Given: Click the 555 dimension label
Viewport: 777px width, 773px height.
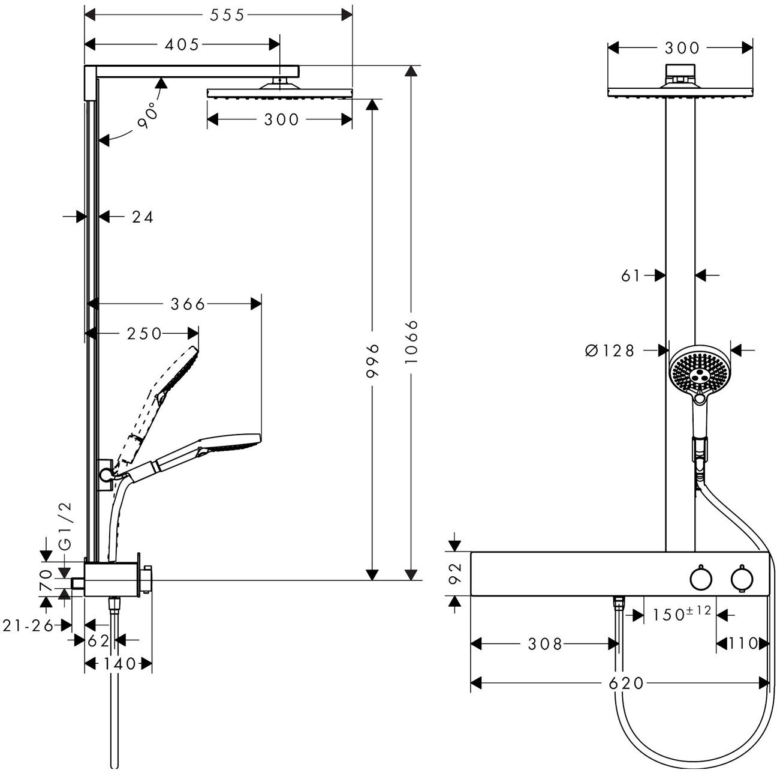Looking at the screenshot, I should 227,15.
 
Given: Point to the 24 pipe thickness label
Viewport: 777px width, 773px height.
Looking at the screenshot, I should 143,217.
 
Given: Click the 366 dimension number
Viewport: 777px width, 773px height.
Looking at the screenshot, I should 188,304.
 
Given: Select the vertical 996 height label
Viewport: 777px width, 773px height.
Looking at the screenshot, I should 373,360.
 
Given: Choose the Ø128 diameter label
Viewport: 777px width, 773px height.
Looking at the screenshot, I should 610,350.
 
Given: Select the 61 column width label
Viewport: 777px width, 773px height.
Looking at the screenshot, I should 631,275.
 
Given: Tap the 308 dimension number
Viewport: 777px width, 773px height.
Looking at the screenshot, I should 545,645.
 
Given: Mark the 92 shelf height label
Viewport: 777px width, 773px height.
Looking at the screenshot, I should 454,573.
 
